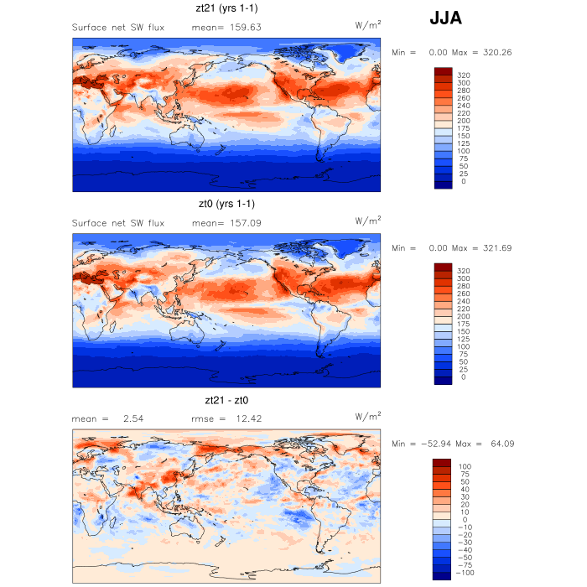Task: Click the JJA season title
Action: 445,18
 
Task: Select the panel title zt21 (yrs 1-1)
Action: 226,9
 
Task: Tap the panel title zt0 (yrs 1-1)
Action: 226,204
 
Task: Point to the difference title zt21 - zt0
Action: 226,400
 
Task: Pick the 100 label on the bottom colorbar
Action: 463,466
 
